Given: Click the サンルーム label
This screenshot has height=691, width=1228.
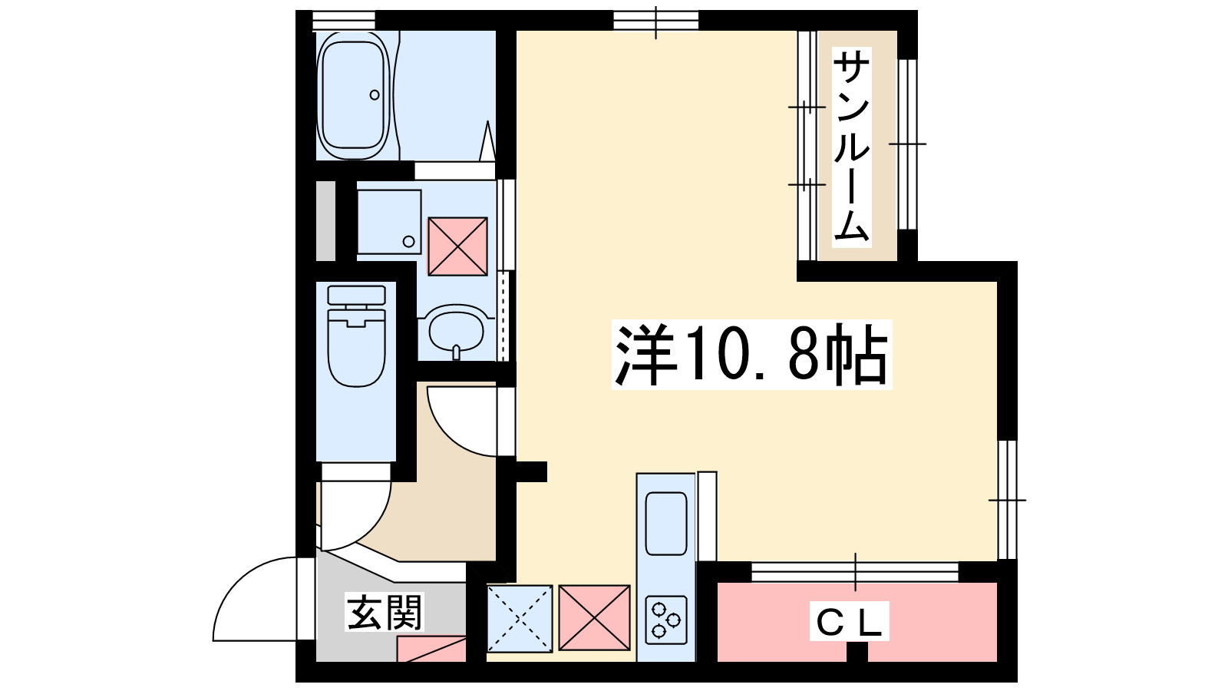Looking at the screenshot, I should [851, 146].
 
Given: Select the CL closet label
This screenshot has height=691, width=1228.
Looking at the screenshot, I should [849, 622].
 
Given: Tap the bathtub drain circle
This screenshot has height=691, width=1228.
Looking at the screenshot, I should [375, 95].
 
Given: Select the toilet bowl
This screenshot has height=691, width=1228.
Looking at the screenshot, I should [356, 349].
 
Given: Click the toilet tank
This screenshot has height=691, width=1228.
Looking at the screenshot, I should [356, 295].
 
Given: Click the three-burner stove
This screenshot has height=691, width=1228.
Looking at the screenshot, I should [665, 619].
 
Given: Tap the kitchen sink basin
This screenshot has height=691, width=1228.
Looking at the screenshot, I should [665, 523].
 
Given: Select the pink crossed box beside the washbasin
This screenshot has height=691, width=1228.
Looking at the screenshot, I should [457, 246].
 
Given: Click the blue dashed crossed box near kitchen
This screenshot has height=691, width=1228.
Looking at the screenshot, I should [520, 618].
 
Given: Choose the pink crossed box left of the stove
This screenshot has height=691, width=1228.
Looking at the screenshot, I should [594, 617].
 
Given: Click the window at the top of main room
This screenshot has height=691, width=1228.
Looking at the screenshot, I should [655, 20].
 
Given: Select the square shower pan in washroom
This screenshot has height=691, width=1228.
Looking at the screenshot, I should [389, 222].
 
